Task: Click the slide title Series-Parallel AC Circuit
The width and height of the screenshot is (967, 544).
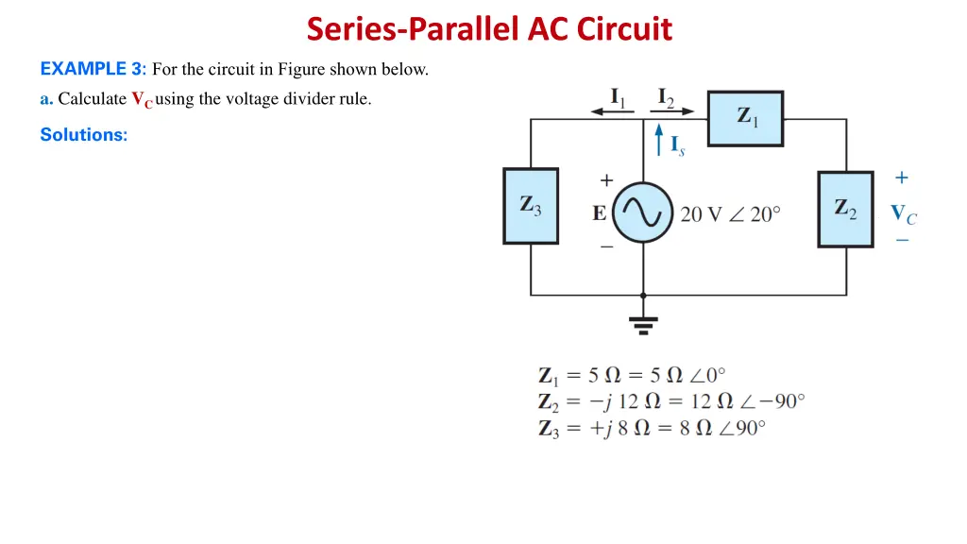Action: (489, 29)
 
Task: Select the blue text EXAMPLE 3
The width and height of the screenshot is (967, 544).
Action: (93, 68)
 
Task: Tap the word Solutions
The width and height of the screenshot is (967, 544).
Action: (83, 135)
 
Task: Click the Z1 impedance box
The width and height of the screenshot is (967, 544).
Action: (745, 118)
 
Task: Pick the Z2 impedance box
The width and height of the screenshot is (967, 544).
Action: (845, 210)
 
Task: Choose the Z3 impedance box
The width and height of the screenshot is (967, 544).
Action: (530, 206)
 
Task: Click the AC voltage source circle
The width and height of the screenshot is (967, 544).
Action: (643, 212)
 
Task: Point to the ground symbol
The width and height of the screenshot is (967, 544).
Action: (644, 324)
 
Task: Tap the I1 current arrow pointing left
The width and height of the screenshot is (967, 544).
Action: (613, 110)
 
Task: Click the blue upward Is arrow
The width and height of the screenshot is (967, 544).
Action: (659, 142)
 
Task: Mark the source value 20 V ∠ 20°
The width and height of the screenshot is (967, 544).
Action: (730, 214)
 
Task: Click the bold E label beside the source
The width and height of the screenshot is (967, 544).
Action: (599, 214)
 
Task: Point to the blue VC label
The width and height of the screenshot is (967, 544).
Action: (903, 214)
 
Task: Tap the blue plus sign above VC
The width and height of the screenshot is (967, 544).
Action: (902, 178)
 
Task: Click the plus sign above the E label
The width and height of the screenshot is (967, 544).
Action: (605, 179)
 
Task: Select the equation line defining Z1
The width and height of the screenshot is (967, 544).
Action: (632, 375)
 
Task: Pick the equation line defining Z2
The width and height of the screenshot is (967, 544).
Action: (671, 401)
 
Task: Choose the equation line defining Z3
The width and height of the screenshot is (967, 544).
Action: (652, 428)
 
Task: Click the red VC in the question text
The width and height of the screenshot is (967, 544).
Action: (142, 100)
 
